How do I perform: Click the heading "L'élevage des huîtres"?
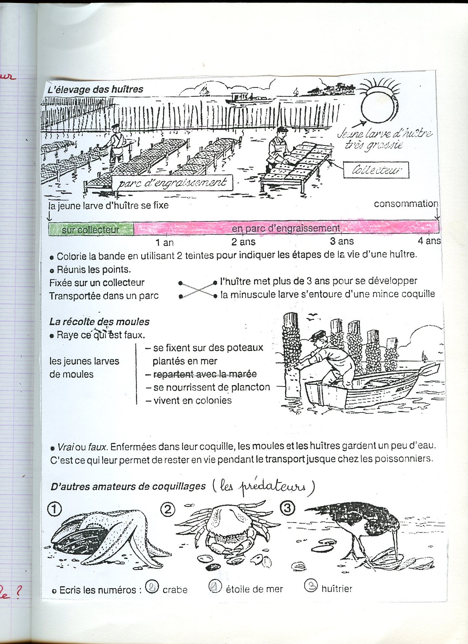[x=95, y=89]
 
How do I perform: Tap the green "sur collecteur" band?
[x=90, y=229]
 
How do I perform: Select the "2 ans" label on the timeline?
[x=243, y=242]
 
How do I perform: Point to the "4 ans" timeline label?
[x=429, y=241]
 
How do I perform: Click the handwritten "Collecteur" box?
[x=376, y=170]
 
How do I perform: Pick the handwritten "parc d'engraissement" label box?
[x=172, y=183]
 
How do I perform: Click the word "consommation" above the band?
[x=406, y=204]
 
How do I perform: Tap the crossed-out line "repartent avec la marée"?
[x=205, y=374]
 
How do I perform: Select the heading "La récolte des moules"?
[x=99, y=322]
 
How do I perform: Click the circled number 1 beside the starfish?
[x=55, y=509]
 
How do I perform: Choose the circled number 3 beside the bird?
[x=287, y=508]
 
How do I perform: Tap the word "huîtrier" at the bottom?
[x=337, y=589]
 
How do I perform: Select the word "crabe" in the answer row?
[x=175, y=590]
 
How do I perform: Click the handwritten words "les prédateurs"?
[x=263, y=486]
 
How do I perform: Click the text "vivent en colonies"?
[x=192, y=401]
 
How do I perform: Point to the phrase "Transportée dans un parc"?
[x=104, y=296]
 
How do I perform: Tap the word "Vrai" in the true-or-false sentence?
[x=66, y=447]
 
